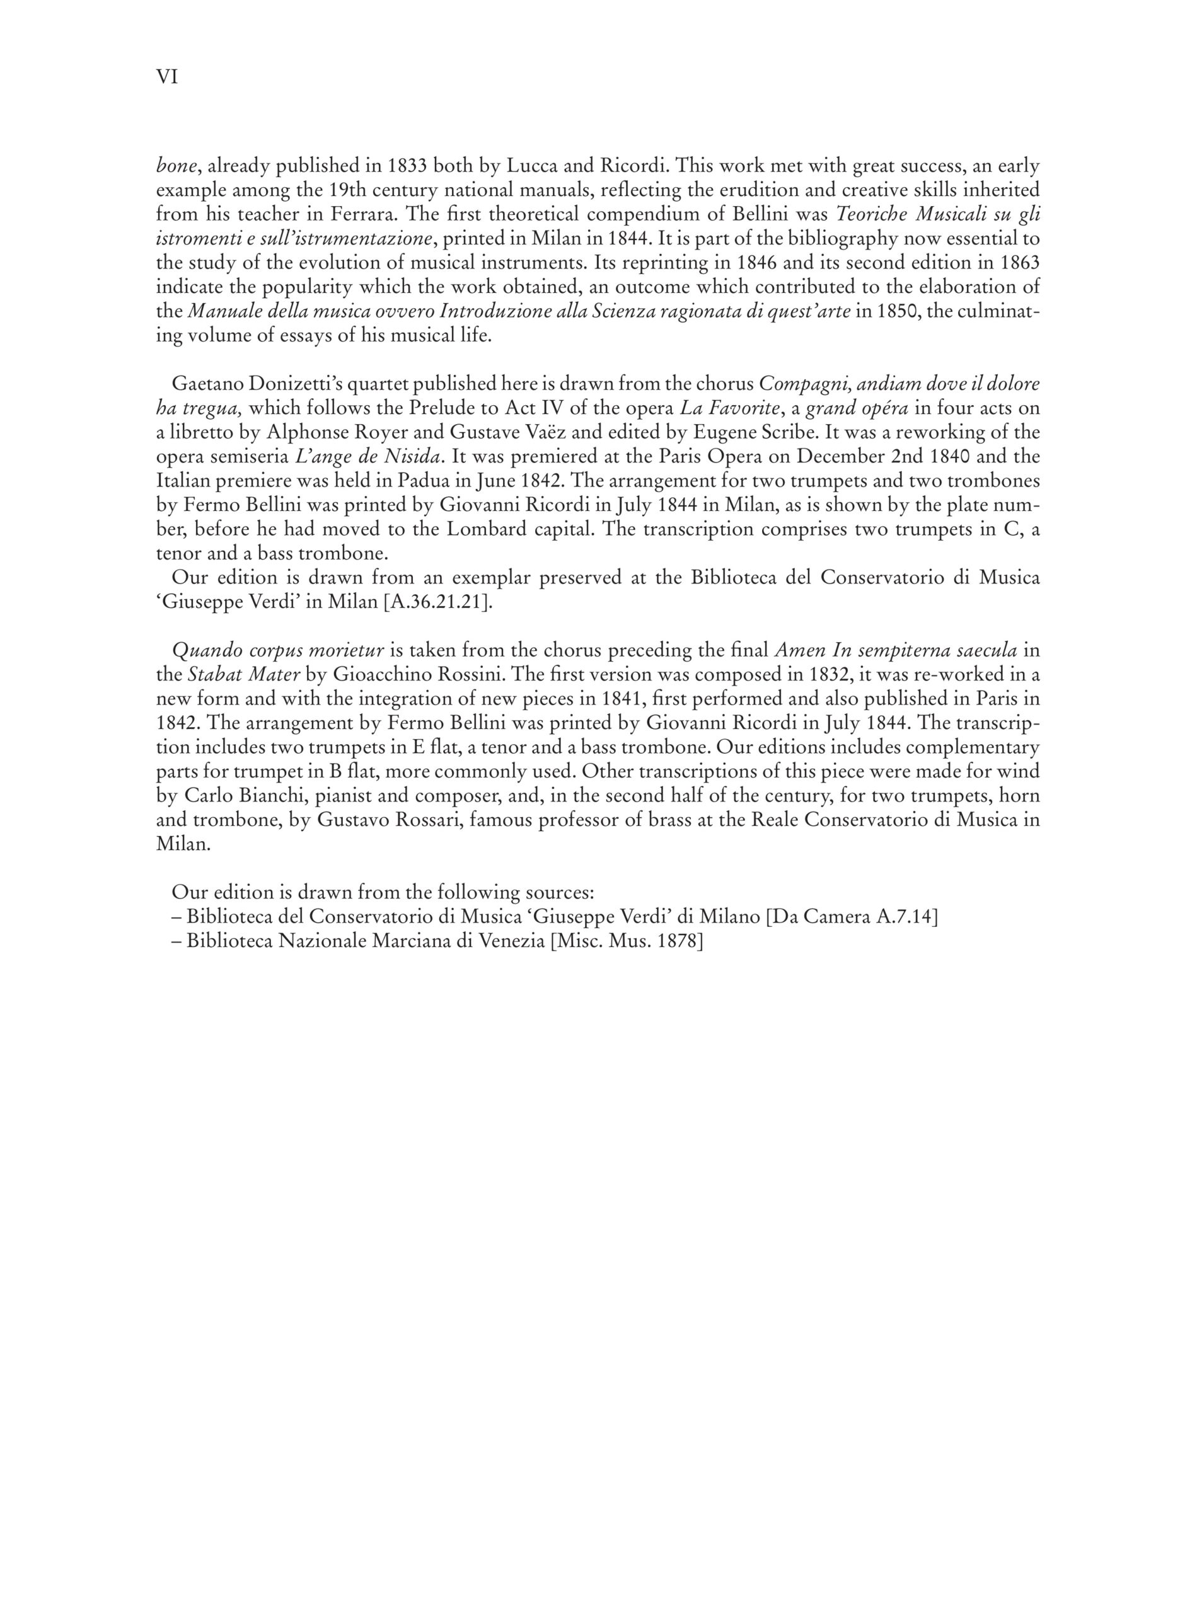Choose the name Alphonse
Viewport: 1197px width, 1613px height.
click(x=304, y=432)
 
